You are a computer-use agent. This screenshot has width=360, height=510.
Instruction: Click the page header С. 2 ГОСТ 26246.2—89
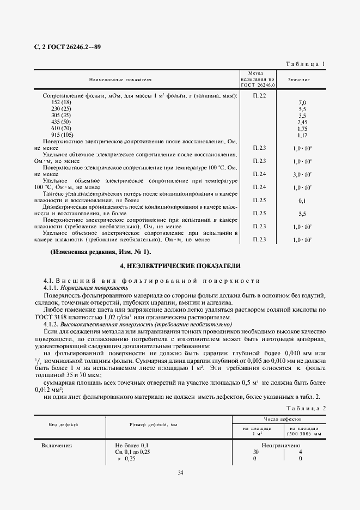pyautogui.click(x=64, y=47)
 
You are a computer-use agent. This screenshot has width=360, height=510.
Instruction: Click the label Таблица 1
pyautogui.click(x=305, y=64)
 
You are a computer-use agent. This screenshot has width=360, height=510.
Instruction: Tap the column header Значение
pyautogui.click(x=299, y=80)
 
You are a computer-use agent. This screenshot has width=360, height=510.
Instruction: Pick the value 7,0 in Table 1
pyautogui.click(x=302, y=102)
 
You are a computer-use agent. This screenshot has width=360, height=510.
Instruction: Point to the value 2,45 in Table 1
pyautogui.click(x=302, y=122)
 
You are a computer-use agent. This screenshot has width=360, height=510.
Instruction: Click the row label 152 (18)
pyautogui.click(x=61, y=102)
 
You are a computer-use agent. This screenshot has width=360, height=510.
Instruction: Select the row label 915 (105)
pyautogui.click(x=63, y=135)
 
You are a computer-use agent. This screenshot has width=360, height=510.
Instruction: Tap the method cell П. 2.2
pyautogui.click(x=259, y=96)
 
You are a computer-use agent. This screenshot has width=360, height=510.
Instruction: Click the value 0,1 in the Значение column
pyautogui.click(x=302, y=201)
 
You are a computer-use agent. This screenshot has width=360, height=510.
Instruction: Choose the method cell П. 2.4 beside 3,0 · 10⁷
pyautogui.click(x=259, y=174)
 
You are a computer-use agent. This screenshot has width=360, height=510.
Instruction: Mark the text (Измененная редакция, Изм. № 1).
pyautogui.click(x=101, y=252)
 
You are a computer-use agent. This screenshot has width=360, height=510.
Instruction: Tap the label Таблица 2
pyautogui.click(x=305, y=408)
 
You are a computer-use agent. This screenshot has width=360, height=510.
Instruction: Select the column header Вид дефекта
pyautogui.click(x=64, y=423)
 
